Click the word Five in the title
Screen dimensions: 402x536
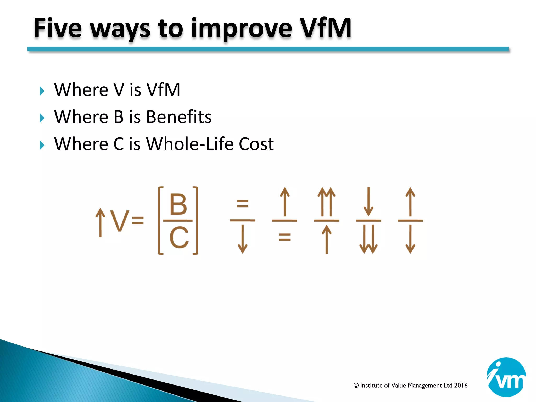click(58, 28)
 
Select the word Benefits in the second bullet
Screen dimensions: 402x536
click(179, 117)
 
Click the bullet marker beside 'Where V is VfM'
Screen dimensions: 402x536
click(42, 91)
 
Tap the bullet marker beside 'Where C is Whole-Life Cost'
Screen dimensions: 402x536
click(42, 145)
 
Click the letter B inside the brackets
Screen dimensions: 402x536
click(178, 204)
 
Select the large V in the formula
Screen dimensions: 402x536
click(119, 221)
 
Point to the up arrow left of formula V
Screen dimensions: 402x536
click(100, 222)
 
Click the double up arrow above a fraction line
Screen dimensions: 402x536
click(326, 202)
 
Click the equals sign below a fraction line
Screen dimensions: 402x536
click(284, 237)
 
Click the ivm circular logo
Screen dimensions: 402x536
click(506, 377)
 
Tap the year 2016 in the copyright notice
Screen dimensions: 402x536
click(461, 385)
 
